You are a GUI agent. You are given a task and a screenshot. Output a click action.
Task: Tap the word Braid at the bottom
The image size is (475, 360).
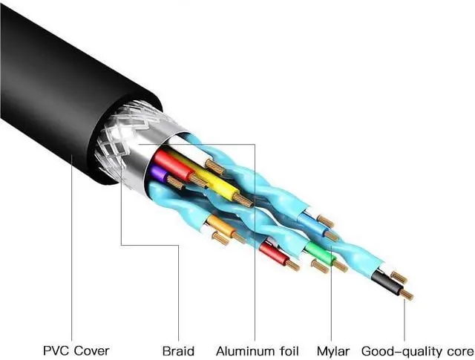tap(178, 350)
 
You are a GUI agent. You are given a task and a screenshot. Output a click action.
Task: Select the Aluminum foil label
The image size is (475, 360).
tap(255, 350)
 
